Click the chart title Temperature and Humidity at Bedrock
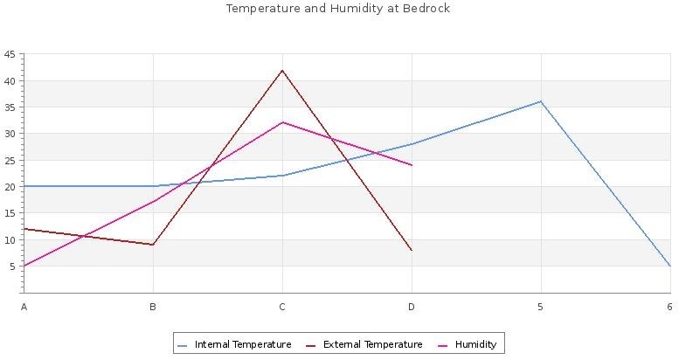(x=338, y=9)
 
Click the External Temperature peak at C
(x=282, y=70)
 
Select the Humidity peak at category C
(x=282, y=122)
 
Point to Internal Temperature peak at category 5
(x=540, y=101)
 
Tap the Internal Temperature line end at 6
(x=669, y=266)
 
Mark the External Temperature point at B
(x=153, y=245)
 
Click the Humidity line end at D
(x=412, y=165)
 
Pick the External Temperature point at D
(x=412, y=250)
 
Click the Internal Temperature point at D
(x=412, y=143)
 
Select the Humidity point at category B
(x=153, y=202)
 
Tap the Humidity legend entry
(x=475, y=344)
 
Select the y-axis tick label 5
(x=11, y=267)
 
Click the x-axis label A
(x=24, y=307)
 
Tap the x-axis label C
(x=282, y=307)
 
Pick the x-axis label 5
(x=540, y=307)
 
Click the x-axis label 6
(x=669, y=307)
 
